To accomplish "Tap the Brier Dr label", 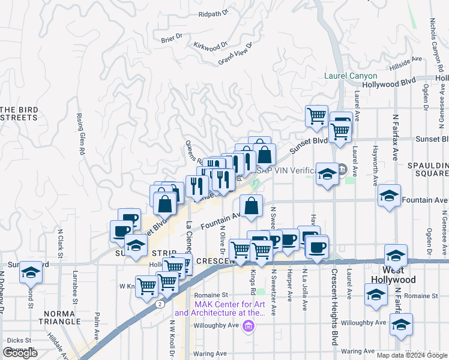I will (172, 38).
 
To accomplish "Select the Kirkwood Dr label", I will (211, 45).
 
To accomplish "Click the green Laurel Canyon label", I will (351, 76).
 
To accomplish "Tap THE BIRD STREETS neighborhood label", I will (19, 113).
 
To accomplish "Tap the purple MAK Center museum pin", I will (250, 326).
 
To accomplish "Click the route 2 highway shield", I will (160, 304).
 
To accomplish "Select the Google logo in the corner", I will (20, 353).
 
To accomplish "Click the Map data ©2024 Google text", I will (411, 355).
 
